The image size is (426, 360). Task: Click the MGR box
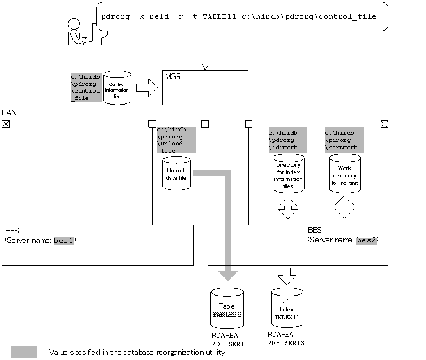[x=205, y=87]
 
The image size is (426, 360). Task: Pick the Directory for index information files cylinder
[x=288, y=172]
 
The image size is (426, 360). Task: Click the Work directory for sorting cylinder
[x=345, y=172]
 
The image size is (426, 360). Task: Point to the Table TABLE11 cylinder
[x=227, y=309]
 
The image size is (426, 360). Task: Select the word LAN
[x=9, y=112]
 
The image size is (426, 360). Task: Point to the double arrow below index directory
[x=288, y=208]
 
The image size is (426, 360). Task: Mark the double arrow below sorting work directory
[x=345, y=208]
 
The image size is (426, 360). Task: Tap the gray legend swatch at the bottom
[x=24, y=352]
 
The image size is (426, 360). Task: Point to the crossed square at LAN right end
[x=384, y=123]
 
